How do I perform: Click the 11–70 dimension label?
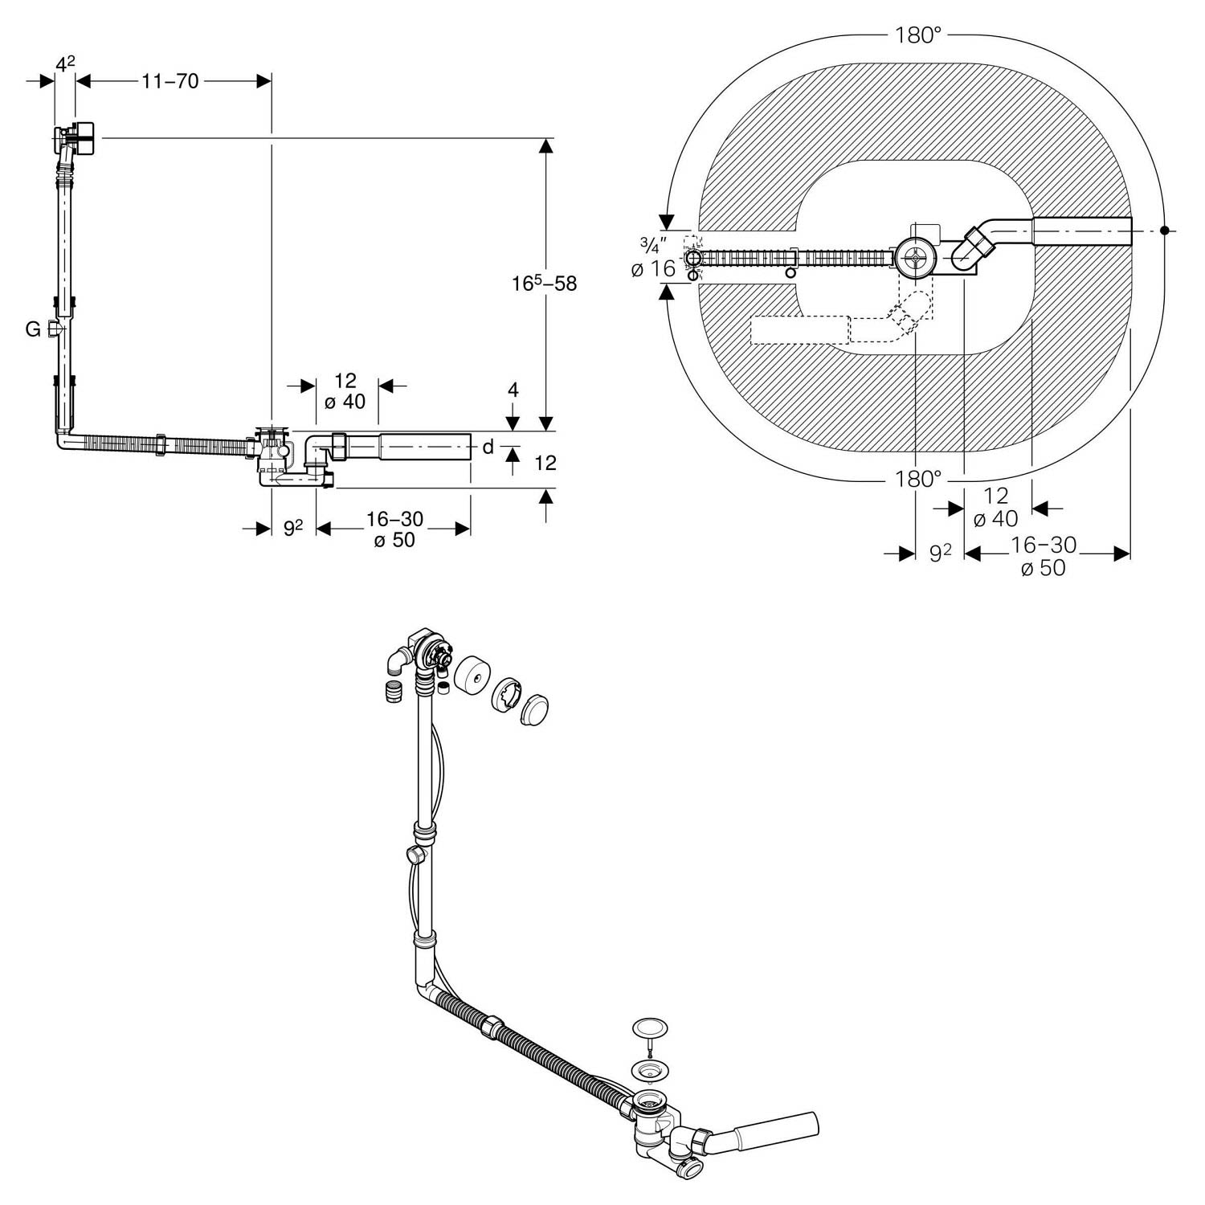(170, 81)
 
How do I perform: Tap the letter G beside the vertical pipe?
(33, 329)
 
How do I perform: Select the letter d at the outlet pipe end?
(488, 447)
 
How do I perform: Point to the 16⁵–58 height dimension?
(545, 283)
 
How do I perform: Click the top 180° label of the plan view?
(917, 35)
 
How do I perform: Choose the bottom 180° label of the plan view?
(917, 479)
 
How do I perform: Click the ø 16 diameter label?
(653, 269)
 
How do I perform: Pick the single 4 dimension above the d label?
(513, 390)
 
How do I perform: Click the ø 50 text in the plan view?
(1043, 568)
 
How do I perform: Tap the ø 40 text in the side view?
(345, 402)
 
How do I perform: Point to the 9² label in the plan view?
(940, 553)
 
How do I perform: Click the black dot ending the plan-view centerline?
(1164, 231)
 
